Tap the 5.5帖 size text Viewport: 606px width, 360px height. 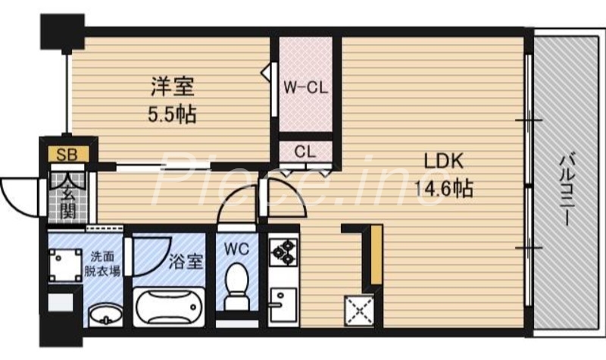click(x=172, y=115)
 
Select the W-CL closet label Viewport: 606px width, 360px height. click(x=305, y=86)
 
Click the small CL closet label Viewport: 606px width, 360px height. click(x=305, y=150)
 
